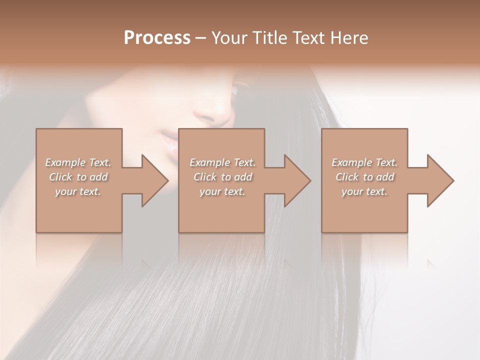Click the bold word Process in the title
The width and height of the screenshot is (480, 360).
point(157,38)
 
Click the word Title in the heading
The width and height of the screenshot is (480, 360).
point(269,38)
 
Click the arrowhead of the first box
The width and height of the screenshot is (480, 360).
point(155,180)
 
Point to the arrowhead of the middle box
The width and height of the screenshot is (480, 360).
point(297,180)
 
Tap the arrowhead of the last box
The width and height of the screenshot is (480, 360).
point(440,180)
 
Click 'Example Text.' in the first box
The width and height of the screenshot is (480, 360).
point(78,162)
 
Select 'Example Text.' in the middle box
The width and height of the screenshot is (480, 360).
point(222,162)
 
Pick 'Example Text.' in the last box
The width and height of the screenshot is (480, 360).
point(364,162)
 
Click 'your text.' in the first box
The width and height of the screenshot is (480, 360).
point(78,191)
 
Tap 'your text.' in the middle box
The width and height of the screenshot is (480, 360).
point(222,191)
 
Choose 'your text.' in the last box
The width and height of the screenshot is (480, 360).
point(364,191)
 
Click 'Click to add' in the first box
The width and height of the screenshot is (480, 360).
point(78,177)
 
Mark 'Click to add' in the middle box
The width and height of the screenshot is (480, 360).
point(222,177)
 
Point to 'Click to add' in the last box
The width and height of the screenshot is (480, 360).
point(364,177)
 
